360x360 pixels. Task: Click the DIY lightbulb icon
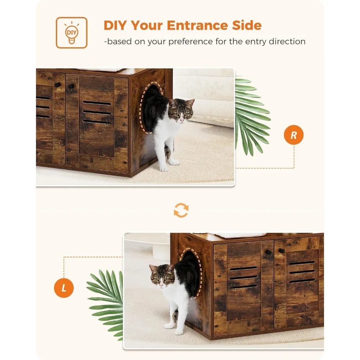pos(71,33)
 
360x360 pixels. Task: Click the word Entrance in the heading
pos(197,25)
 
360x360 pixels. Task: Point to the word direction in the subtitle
pos(287,41)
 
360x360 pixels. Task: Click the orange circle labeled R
pos(294,135)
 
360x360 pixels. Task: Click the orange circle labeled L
pos(64,288)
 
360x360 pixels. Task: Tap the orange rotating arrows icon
pos(181,210)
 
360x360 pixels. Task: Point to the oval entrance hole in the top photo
pos(151,107)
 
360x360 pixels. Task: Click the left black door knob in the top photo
pos(57,85)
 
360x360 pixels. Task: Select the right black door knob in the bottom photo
pos(282,251)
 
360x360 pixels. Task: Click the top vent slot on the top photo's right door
pos(96,103)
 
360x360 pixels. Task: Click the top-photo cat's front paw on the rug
pos(164,169)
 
